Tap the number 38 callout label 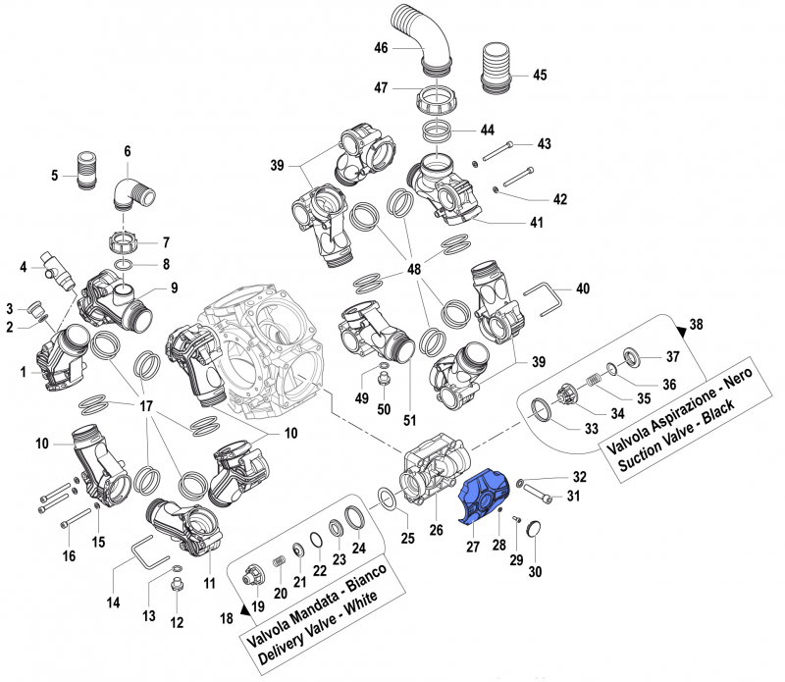pyautogui.click(x=697, y=325)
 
